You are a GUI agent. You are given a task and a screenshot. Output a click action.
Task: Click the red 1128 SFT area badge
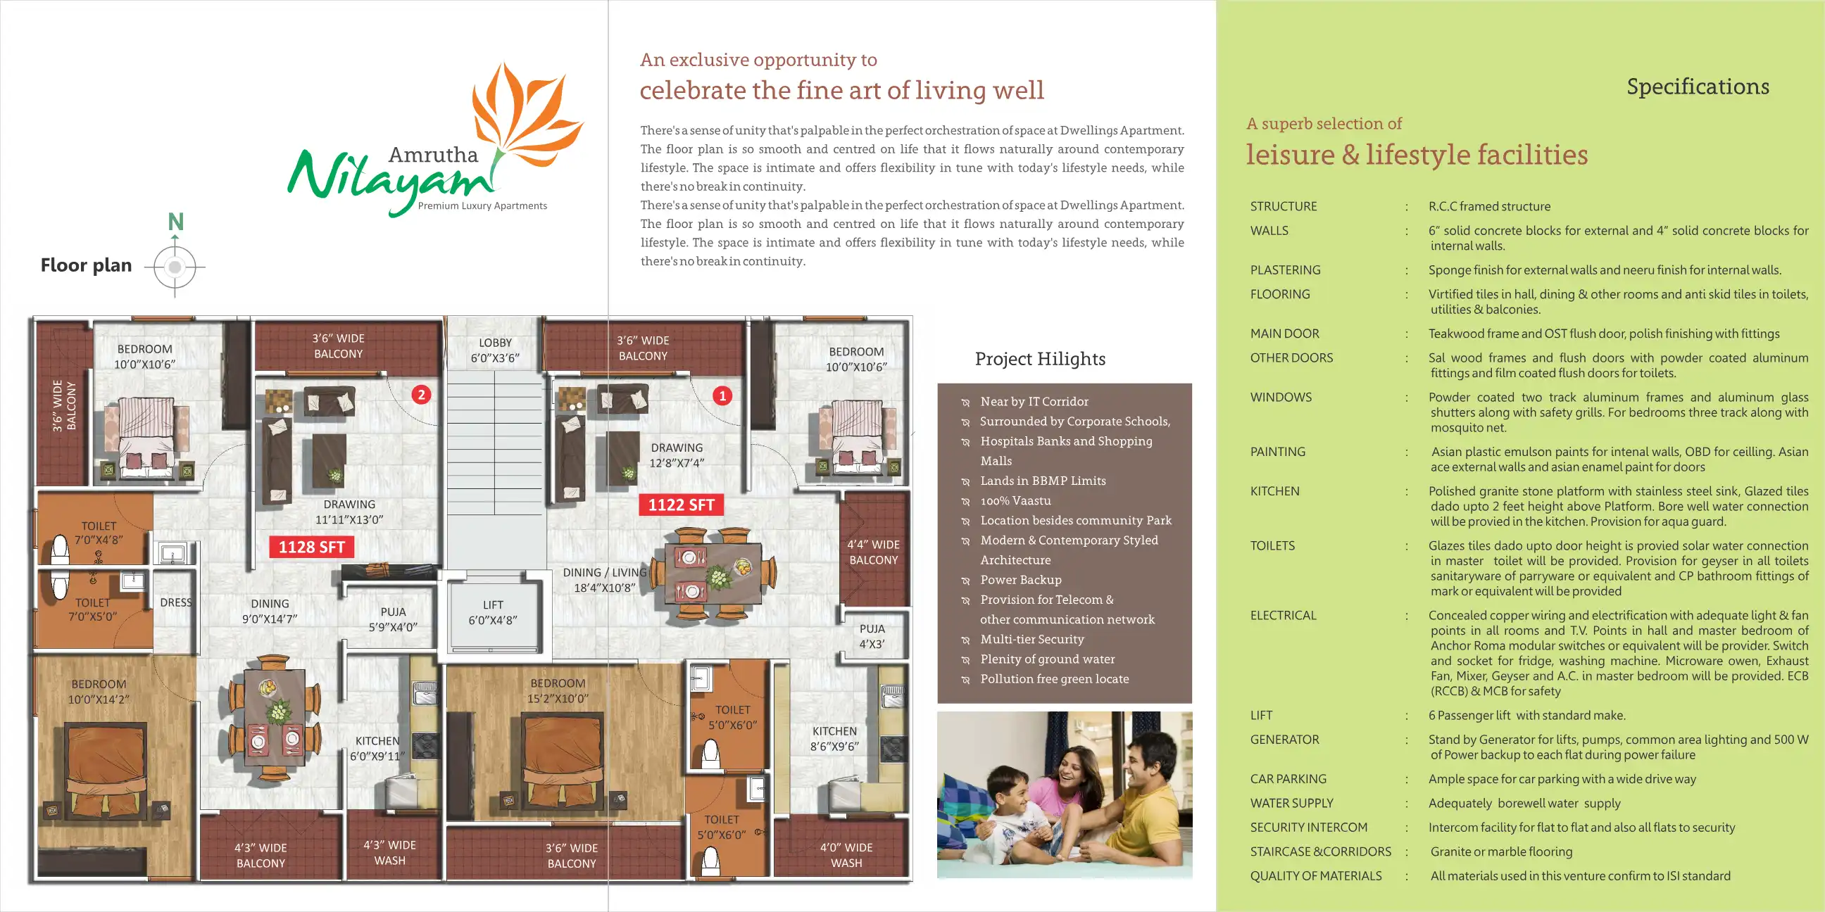[311, 547]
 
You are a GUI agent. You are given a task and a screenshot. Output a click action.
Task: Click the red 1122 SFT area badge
[681, 505]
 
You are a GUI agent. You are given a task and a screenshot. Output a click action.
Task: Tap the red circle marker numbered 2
[422, 394]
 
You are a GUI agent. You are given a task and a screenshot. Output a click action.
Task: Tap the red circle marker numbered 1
[722, 395]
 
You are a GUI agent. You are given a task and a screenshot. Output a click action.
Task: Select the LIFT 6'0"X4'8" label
[493, 612]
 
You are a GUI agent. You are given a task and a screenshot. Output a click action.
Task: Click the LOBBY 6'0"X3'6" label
[494, 350]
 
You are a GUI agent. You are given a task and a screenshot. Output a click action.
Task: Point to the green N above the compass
[176, 222]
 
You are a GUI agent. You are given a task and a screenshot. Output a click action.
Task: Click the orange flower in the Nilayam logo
[525, 113]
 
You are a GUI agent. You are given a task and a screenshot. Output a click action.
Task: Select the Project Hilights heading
[1039, 359]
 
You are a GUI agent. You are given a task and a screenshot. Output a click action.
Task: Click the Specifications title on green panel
[1698, 87]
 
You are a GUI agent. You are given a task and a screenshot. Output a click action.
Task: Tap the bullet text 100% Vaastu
[1015, 500]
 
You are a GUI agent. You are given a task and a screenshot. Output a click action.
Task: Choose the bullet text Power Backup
[1020, 580]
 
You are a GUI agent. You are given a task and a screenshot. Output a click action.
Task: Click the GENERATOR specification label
[1284, 739]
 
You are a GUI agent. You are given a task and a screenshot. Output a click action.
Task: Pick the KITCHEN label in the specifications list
[1274, 491]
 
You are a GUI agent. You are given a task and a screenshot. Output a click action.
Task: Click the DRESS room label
[176, 602]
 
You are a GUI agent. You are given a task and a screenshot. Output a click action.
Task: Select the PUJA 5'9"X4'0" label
[393, 619]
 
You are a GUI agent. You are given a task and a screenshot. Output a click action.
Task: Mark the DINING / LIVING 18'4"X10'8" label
[604, 580]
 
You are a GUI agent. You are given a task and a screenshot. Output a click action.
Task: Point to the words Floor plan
[86, 265]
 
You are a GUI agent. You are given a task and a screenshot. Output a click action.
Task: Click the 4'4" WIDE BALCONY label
[873, 552]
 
